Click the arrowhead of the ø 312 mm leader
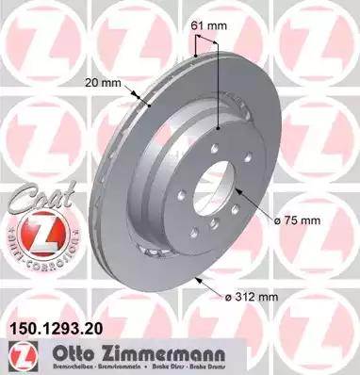pyautogui.click(x=194, y=279)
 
